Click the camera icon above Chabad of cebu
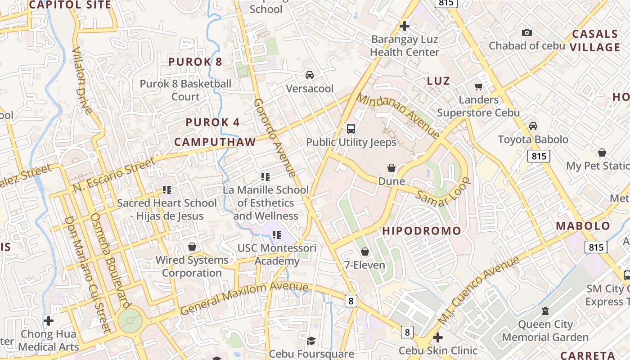pos(526,32)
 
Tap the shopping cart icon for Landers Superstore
pos(478,86)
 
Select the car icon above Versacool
pos(310,75)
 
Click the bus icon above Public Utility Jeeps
pos(351,129)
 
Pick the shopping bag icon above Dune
pos(391,168)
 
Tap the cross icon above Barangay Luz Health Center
pos(404,26)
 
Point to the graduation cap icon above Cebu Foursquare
pos(311,340)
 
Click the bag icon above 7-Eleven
pos(365,252)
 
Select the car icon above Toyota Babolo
pos(533,126)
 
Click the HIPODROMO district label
pos(422,231)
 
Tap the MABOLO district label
pos(583,226)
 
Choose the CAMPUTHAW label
pos(215,142)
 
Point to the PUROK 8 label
pos(195,62)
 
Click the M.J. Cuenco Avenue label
pos(479,290)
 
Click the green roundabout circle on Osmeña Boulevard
pos(130,321)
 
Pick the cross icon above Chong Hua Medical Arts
pos(49,321)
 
